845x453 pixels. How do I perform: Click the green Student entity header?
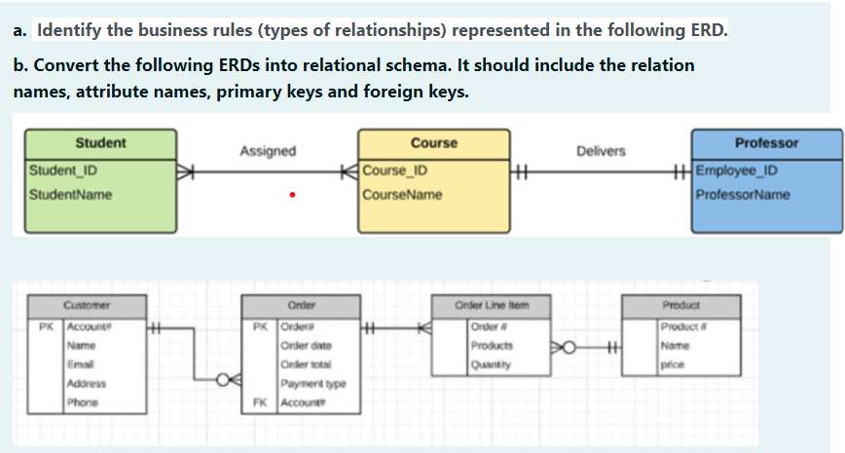[x=100, y=143]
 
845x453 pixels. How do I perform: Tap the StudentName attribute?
[x=70, y=195]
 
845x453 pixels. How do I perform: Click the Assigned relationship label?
[x=268, y=151]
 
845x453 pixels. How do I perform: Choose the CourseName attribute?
[x=402, y=195]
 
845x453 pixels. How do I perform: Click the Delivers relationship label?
[x=602, y=151]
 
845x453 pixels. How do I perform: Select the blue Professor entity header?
[x=766, y=143]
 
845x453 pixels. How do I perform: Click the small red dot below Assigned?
[x=291, y=195]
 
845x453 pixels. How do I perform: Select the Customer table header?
[x=87, y=304]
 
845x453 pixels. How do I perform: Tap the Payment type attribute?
[x=307, y=384]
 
